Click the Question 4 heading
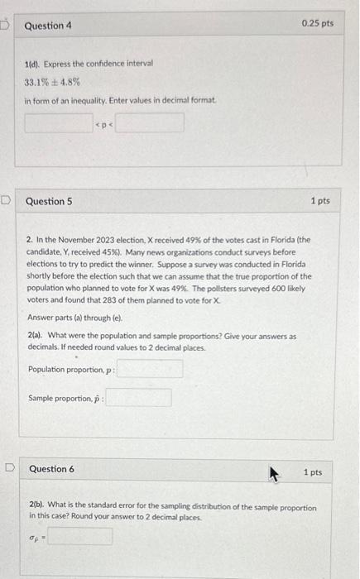(48, 26)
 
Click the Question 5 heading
(49, 201)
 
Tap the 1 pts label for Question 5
(319, 201)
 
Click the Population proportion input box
(150, 368)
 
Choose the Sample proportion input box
(138, 398)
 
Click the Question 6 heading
(51, 469)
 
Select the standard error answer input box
(79, 537)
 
